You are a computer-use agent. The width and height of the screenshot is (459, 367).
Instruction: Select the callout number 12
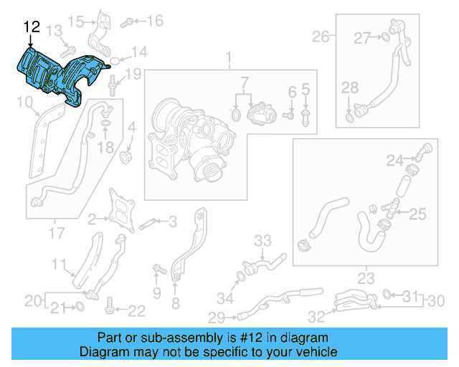point(32,27)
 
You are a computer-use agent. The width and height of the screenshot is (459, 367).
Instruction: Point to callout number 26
point(320,36)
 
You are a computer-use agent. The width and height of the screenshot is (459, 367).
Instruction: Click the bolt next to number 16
point(127,22)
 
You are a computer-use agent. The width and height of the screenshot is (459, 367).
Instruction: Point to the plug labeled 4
point(126,155)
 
